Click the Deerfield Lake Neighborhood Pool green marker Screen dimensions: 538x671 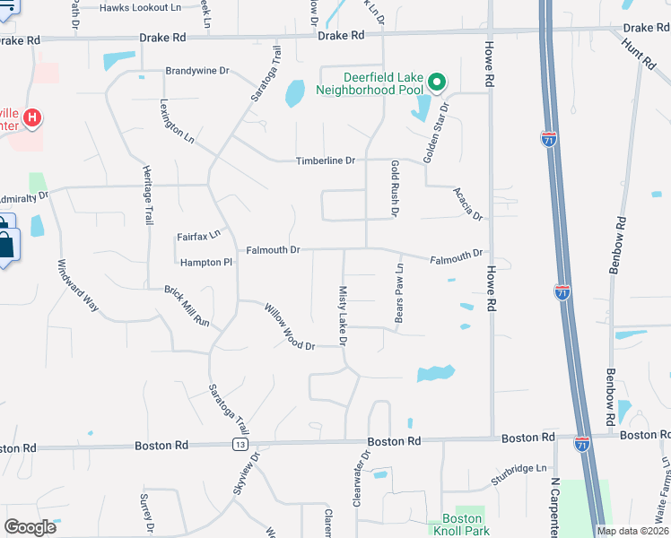(437, 83)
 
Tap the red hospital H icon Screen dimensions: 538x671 (32, 117)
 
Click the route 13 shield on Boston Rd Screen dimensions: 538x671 (240, 444)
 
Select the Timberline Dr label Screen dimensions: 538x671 (326, 161)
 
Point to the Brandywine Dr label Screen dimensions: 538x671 (197, 70)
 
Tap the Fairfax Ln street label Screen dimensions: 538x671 (198, 235)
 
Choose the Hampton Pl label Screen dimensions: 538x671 (205, 263)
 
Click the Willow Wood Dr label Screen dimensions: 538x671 (289, 326)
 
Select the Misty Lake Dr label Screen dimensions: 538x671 (343, 316)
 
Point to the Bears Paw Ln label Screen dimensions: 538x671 (400, 294)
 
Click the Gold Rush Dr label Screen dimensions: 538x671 (394, 188)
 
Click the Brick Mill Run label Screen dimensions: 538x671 (186, 306)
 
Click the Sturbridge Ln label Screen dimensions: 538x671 (518, 468)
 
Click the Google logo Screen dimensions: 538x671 (30, 527)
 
